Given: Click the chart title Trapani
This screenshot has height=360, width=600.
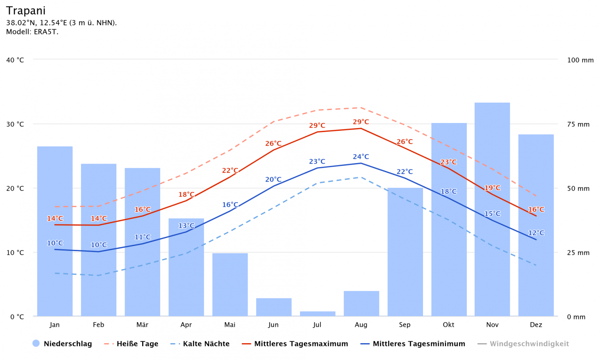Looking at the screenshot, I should pos(26,11).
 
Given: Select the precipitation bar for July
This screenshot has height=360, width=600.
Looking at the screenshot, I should pos(317,314).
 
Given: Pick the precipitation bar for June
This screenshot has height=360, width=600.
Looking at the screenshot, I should pos(274,307).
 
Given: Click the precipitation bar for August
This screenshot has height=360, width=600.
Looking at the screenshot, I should pos(361,303).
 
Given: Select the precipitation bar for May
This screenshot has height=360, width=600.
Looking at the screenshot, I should pos(230,285).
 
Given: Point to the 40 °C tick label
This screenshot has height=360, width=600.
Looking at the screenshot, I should pos(15,60).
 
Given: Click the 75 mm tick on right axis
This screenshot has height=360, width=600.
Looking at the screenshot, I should pos(578,125).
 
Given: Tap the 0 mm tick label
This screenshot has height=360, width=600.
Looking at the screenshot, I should pos(576,317).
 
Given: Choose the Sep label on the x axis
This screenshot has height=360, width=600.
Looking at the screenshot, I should pos(405,325).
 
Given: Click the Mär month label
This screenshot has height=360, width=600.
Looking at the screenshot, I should pos(142,325).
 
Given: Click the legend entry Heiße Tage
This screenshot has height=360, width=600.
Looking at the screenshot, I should pos(137,344).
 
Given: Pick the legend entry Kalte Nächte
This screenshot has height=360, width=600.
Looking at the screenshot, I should pos(206,344).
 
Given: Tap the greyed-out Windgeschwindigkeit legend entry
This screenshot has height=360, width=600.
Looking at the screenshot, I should pos(529,344).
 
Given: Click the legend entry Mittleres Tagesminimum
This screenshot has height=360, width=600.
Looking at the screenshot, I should pos(419,344).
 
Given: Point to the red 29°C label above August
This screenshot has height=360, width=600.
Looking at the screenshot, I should pos(361,122).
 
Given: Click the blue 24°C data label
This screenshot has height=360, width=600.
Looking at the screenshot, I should pos(361,157).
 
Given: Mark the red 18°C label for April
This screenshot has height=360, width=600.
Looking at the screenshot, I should pos(186,195).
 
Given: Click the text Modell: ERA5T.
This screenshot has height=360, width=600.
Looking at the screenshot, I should pos(32,32).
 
